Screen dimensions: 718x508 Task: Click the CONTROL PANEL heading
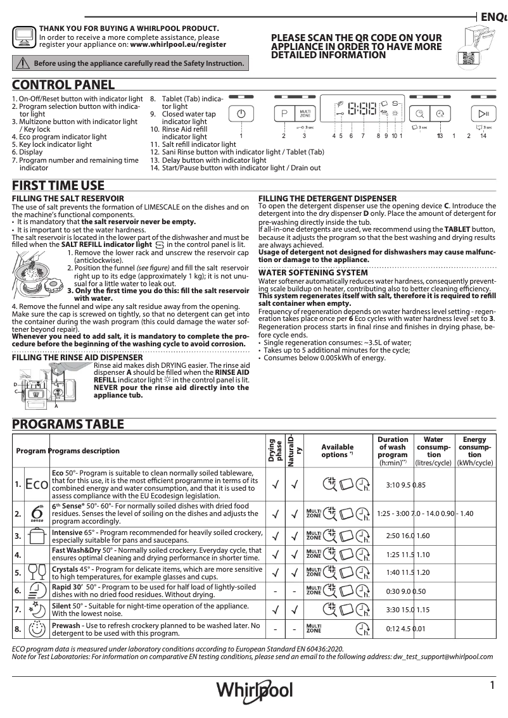63,85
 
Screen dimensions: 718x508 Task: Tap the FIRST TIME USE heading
59,186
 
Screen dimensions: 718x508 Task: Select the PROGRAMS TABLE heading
68,424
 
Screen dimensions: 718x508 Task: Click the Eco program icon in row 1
37,485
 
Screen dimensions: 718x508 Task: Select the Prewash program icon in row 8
37,630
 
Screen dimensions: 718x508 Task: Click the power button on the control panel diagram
241,113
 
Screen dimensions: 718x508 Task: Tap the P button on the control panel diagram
284,113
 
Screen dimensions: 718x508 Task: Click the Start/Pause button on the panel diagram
483,113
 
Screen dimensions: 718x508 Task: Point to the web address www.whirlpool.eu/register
178,45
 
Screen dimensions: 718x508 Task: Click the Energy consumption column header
474,451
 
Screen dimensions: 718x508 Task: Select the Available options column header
337,451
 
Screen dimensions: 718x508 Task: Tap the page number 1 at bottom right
492,685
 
